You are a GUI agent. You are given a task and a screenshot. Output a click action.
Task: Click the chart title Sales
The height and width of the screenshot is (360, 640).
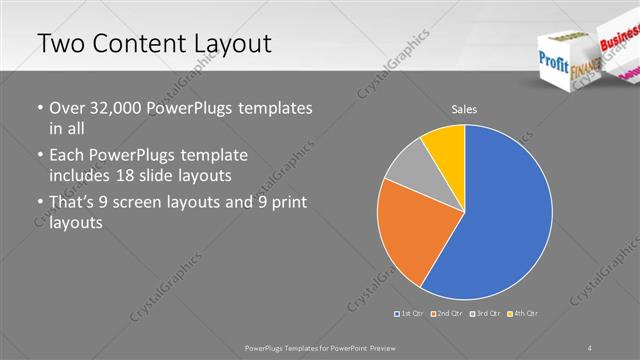click(464, 108)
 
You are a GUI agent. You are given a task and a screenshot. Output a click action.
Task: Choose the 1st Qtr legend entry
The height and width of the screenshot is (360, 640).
click(410, 314)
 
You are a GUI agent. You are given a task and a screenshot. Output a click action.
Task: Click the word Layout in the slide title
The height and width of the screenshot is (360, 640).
click(225, 45)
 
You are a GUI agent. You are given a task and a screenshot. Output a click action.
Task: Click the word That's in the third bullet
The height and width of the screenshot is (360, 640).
click(72, 203)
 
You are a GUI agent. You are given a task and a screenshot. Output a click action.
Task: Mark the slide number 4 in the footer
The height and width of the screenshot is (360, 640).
click(590, 347)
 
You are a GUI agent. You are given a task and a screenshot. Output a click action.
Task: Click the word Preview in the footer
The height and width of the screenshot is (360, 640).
click(378, 347)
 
